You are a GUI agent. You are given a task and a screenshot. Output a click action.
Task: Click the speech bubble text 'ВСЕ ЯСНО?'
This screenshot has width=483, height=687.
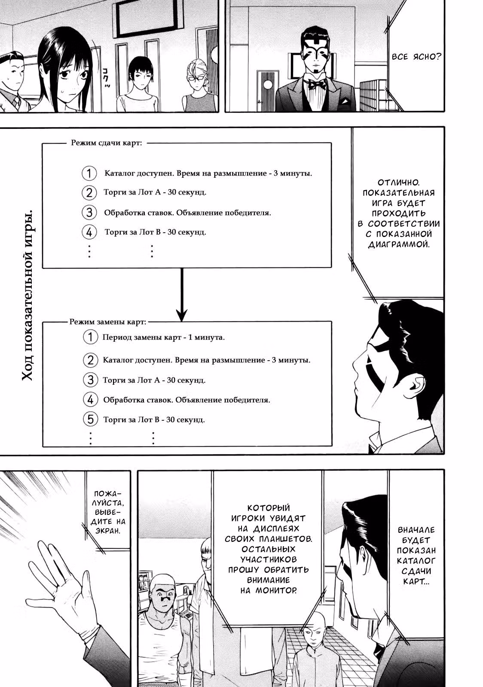coord(416,57)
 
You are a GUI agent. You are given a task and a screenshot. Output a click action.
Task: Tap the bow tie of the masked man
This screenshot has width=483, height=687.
coord(317,83)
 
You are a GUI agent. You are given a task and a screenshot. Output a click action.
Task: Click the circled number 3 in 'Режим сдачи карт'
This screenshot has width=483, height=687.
coord(89,212)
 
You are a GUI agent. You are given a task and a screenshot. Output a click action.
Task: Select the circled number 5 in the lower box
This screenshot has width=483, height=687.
coord(90,419)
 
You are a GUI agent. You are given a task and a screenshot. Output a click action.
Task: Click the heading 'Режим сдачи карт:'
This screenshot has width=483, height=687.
coord(107,143)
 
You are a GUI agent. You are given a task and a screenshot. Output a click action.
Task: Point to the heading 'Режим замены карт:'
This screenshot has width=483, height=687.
coord(108,322)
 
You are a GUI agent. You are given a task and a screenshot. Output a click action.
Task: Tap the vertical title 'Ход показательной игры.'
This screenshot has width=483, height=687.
coord(28,295)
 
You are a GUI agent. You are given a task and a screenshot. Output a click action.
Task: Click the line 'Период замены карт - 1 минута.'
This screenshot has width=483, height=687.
coord(164,337)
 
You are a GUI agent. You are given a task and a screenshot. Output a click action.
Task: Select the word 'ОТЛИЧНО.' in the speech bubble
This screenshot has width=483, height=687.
coord(399,182)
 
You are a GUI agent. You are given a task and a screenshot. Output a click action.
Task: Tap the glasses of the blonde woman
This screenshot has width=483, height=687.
coord(196,78)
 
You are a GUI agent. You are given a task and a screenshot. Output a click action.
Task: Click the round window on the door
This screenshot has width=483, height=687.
coord(268,85)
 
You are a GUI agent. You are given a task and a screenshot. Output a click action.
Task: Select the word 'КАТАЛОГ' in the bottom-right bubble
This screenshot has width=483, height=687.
coord(416,561)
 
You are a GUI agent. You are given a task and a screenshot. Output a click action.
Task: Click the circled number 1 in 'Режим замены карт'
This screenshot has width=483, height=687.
coord(90,337)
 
